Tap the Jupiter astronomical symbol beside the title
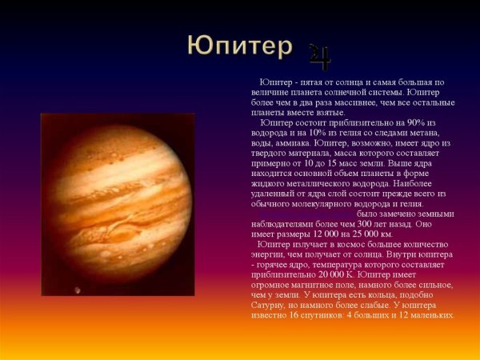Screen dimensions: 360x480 pos(320,55)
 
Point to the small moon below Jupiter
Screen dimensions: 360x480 pos(78,290)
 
